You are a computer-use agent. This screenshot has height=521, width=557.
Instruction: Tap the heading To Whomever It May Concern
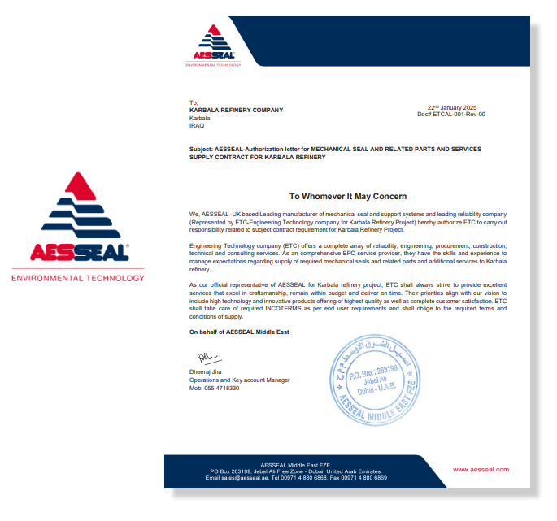pyautogui.click(x=348, y=196)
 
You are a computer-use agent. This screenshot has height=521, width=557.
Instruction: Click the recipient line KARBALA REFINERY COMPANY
pyautogui.click(x=236, y=110)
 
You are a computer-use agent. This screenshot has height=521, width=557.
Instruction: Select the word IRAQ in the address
pyautogui.click(x=197, y=125)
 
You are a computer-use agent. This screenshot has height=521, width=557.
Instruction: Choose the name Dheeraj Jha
pyautogui.click(x=207, y=372)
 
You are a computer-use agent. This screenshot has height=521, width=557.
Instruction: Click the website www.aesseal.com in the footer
pyautogui.click(x=481, y=470)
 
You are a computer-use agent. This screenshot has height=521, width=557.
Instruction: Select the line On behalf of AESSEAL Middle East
pyautogui.click(x=239, y=332)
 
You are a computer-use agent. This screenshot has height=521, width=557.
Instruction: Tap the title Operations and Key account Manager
pyautogui.click(x=239, y=380)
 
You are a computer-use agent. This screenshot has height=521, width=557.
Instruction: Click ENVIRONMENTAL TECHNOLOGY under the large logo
pyautogui.click(x=77, y=278)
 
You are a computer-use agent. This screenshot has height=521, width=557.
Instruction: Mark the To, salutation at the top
pyautogui.click(x=194, y=102)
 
